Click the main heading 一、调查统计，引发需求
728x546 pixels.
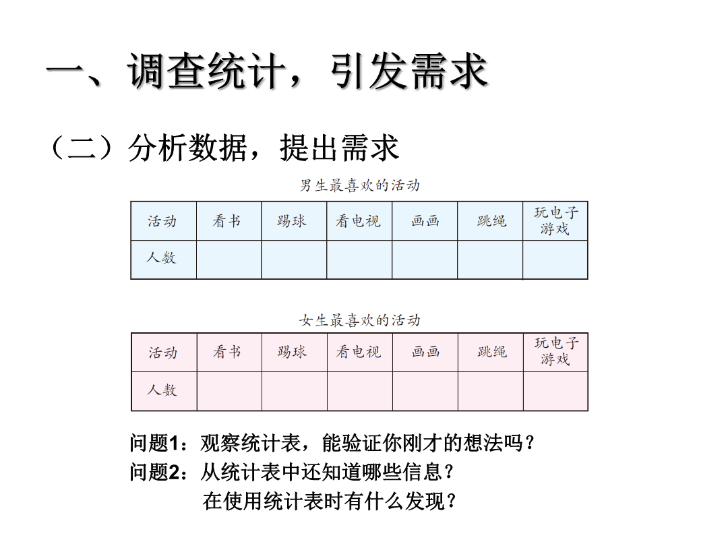coord(267,71)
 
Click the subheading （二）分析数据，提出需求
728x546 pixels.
coord(224,148)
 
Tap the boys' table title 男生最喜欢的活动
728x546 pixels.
coord(360,186)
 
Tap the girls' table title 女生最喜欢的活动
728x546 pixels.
coord(360,320)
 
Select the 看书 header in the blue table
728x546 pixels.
coord(226,221)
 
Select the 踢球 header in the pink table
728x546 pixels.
coord(292,352)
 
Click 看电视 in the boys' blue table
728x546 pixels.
coord(359,221)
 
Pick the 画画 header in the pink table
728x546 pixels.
coord(425,352)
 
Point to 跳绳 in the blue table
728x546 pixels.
coord(491,221)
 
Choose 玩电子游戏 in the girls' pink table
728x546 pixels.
coord(555,351)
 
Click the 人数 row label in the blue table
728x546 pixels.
coord(162,257)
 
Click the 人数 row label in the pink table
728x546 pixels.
coord(162,390)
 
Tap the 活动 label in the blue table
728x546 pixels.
coord(162,221)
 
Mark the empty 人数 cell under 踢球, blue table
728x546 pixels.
coord(294,260)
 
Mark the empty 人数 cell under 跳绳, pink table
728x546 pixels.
coord(491,391)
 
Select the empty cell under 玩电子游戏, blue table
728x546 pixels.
coord(555,260)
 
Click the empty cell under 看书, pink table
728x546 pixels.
coord(229,391)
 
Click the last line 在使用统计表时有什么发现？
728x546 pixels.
coord(329,502)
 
